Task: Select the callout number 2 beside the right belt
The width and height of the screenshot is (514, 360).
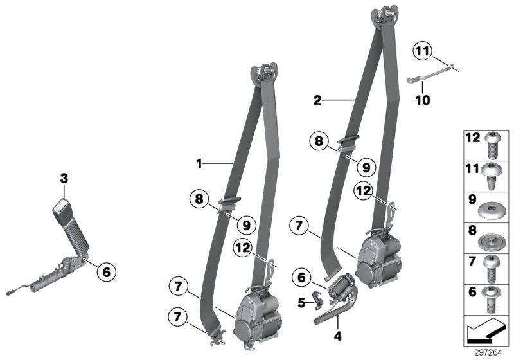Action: [x=317, y=100]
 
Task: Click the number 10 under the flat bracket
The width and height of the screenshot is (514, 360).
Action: [x=422, y=100]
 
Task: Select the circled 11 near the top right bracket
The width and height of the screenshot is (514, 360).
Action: [x=423, y=51]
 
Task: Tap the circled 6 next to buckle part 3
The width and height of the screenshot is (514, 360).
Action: [x=106, y=273]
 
